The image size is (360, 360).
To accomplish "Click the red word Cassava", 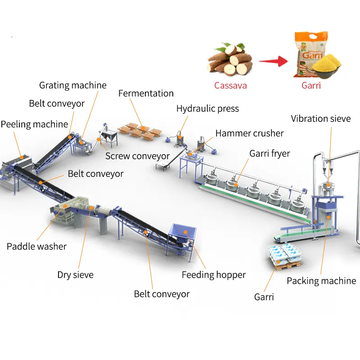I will [x=230, y=85].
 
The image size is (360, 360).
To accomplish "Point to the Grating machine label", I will [x=73, y=85].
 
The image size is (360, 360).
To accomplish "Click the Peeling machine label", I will [x=34, y=124].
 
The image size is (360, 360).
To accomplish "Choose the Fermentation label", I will [x=146, y=93].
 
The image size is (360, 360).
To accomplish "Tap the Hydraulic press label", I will [x=207, y=108].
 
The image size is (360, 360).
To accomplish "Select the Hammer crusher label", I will [x=249, y=133].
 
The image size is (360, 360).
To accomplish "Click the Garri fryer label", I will [x=270, y=153].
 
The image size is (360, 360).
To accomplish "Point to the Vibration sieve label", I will [x=320, y=119].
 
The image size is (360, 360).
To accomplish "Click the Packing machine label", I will [x=321, y=281].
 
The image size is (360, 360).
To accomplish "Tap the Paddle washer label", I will [x=36, y=246].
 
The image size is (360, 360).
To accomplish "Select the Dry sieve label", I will [x=75, y=274].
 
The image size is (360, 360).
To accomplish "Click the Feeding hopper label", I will [x=214, y=274].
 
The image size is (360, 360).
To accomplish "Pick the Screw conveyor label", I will [x=137, y=156].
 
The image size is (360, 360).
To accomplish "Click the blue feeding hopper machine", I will [x=182, y=234].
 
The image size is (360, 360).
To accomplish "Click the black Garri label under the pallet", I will [x=264, y=297].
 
